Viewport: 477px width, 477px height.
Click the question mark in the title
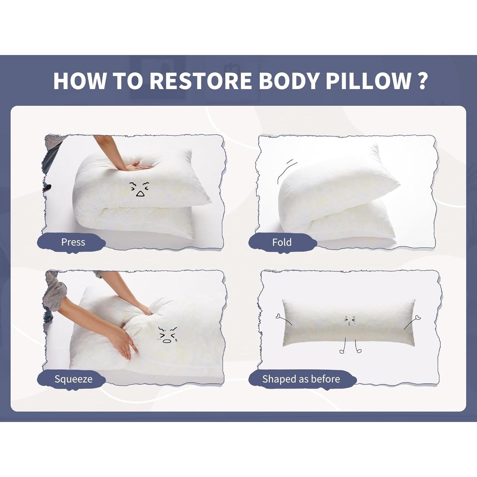[x=422, y=81]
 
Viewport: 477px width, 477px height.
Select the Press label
[x=73, y=242]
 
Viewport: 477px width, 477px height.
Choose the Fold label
[x=282, y=242]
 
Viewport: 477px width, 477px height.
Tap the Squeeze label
[x=73, y=379]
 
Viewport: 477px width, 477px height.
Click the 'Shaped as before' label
[x=301, y=379]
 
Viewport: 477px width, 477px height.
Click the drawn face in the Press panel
[x=139, y=189]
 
